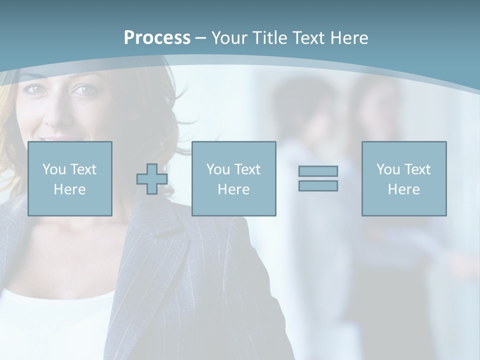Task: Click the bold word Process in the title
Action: tap(157, 38)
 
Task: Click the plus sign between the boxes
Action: tap(152, 178)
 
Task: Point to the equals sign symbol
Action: tap(318, 178)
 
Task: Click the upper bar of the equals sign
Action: tap(318, 171)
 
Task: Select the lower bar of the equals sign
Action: tap(318, 186)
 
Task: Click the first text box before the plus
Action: tap(70, 178)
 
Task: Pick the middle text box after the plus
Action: tap(234, 178)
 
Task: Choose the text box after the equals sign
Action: tap(404, 178)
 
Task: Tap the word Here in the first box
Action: tap(70, 189)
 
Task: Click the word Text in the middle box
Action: tap(247, 169)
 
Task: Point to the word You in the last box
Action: tap(388, 169)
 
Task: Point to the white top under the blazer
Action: tap(55, 320)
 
